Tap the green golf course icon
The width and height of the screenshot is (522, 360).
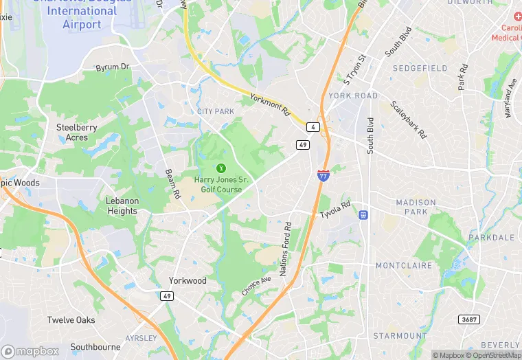point(221,168)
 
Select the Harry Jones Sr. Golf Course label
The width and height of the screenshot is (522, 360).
point(221,184)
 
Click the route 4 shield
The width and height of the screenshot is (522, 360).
point(313,128)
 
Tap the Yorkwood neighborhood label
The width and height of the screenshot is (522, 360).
point(188,280)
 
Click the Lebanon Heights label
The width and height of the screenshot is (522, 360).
point(122,206)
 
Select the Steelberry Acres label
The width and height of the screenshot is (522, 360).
point(77,133)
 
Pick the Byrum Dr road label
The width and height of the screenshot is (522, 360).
point(113,67)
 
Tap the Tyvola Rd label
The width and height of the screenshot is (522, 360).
point(335,210)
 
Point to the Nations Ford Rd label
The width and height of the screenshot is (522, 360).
point(287,248)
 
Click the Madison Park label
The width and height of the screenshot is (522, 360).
point(416,207)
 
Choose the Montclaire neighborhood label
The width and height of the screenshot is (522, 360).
point(404,265)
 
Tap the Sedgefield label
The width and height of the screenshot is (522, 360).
point(420,68)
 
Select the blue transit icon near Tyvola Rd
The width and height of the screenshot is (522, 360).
point(363,215)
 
